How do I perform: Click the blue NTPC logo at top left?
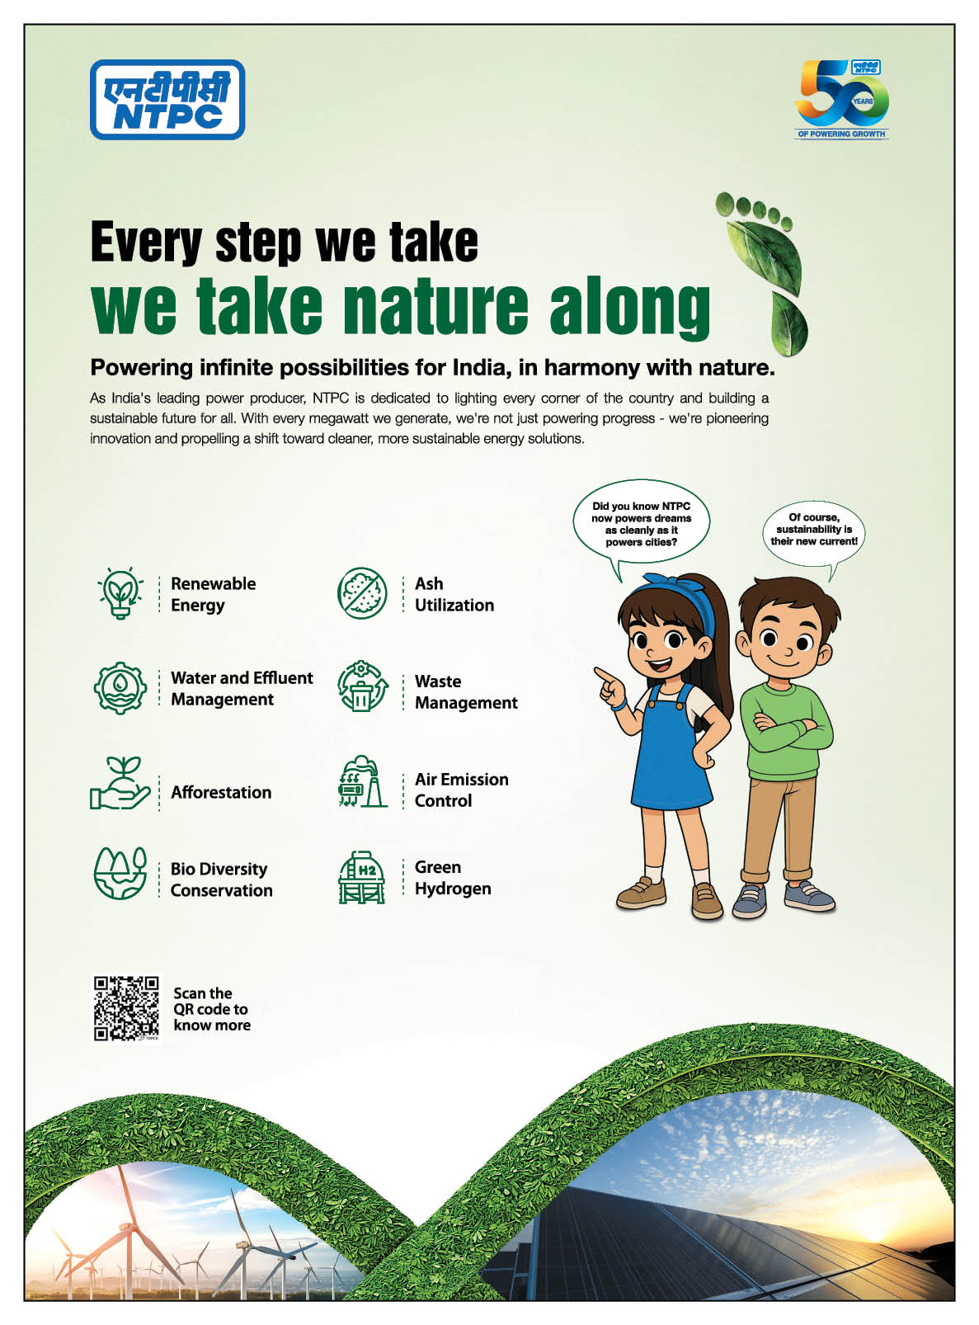point(167,99)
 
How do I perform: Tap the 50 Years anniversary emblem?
point(841,99)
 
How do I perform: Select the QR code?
point(126,1009)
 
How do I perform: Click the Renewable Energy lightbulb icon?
point(120,593)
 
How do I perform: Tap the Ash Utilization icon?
point(361,593)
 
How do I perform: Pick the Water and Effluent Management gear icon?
point(120,688)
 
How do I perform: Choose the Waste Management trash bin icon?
point(362,686)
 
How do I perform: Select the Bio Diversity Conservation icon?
point(120,874)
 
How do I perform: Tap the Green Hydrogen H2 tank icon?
point(361,877)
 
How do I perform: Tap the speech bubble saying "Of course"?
point(813,530)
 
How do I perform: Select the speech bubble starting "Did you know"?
point(641,524)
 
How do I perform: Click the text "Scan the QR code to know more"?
point(211,1010)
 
